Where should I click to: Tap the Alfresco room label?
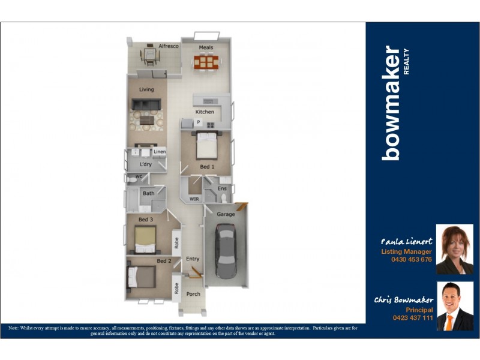coord(169,46)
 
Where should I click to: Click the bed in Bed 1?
coord(207,144)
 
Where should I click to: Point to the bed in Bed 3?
coord(146,241)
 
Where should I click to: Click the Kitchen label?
coord(205,112)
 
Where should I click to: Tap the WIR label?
coord(194,199)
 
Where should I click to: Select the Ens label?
coord(221,189)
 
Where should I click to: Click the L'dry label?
coord(145,164)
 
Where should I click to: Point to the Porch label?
coord(193,294)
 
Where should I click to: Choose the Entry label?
coord(193,259)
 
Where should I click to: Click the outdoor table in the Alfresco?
coord(149,56)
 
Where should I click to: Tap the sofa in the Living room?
coord(146,105)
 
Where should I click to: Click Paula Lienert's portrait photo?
coord(454,249)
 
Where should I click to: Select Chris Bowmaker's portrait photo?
coord(454,306)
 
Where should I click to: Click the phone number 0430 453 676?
coord(411,260)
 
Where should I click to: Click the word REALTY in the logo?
coord(406,61)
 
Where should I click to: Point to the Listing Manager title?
coord(406,252)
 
